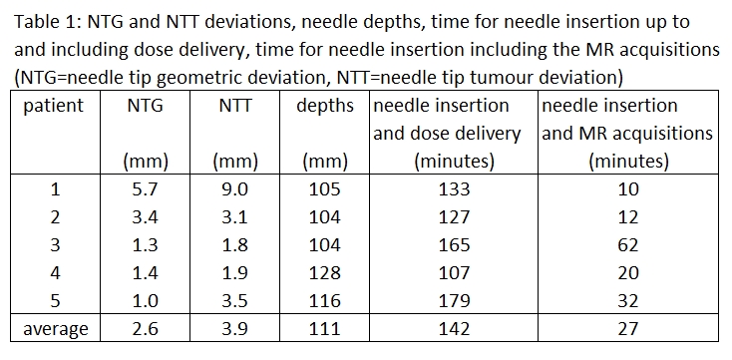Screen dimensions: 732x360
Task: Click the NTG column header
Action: tap(145, 106)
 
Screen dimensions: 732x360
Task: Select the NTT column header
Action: tap(234, 106)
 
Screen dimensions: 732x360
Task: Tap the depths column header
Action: tap(325, 107)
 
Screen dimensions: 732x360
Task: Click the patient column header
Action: tap(54, 106)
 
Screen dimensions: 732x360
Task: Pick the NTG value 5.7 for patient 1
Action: tap(145, 189)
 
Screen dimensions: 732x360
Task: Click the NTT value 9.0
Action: tap(234, 189)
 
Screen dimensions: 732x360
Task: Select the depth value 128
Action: tap(325, 272)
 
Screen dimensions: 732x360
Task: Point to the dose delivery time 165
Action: tap(454, 245)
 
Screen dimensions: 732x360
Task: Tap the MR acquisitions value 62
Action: tap(627, 245)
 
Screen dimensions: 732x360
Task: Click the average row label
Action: tap(56, 330)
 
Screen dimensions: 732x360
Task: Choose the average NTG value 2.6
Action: tap(145, 329)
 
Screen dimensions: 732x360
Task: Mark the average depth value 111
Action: tap(325, 329)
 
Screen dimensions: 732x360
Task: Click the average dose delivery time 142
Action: tap(454, 329)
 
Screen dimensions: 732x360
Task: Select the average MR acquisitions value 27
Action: tap(627, 329)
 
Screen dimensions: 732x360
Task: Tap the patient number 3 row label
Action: tap(55, 245)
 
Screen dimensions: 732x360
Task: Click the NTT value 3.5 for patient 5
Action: tap(234, 301)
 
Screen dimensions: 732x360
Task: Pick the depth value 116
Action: tap(325, 301)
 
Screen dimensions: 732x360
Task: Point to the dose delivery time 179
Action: tap(454, 301)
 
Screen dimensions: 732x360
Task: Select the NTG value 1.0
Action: tap(145, 301)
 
